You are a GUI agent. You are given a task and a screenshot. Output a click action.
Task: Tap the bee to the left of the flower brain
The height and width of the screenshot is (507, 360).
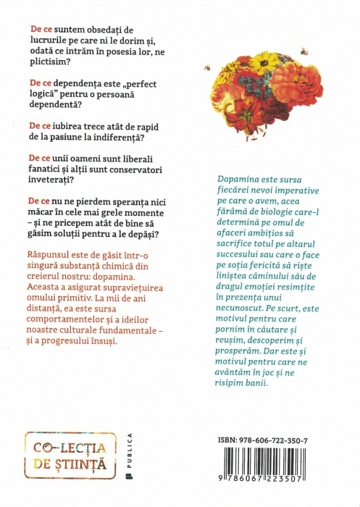[x=207, y=67]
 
